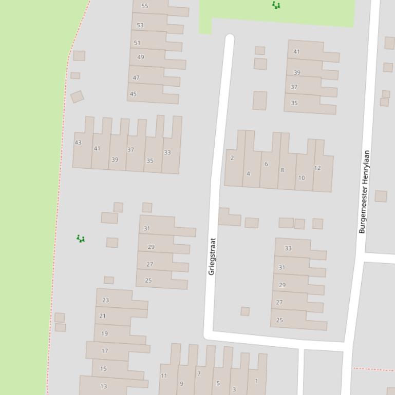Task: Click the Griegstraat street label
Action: pyautogui.click(x=212, y=256)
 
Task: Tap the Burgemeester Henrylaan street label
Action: pyautogui.click(x=364, y=192)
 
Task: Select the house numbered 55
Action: pyautogui.click(x=145, y=6)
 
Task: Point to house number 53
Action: pyautogui.click(x=140, y=25)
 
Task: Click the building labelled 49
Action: pyautogui.click(x=141, y=57)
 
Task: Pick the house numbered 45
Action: pyautogui.click(x=134, y=94)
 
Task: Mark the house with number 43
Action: pyautogui.click(x=78, y=143)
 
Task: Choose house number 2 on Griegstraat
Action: pyautogui.click(x=232, y=158)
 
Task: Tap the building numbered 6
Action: pyautogui.click(x=266, y=164)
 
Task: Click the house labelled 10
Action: pyautogui.click(x=302, y=178)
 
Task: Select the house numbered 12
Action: pyautogui.click(x=317, y=168)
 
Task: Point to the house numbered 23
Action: pyautogui.click(x=106, y=300)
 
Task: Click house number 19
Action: pyautogui.click(x=105, y=333)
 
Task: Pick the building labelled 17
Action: pyautogui.click(x=105, y=351)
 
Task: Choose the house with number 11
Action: pyautogui.click(x=164, y=376)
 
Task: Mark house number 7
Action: pyautogui.click(x=199, y=374)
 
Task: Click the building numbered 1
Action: pyautogui.click(x=256, y=381)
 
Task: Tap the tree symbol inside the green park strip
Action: pyautogui.click(x=276, y=5)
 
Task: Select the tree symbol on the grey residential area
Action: pyautogui.click(x=81, y=239)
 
